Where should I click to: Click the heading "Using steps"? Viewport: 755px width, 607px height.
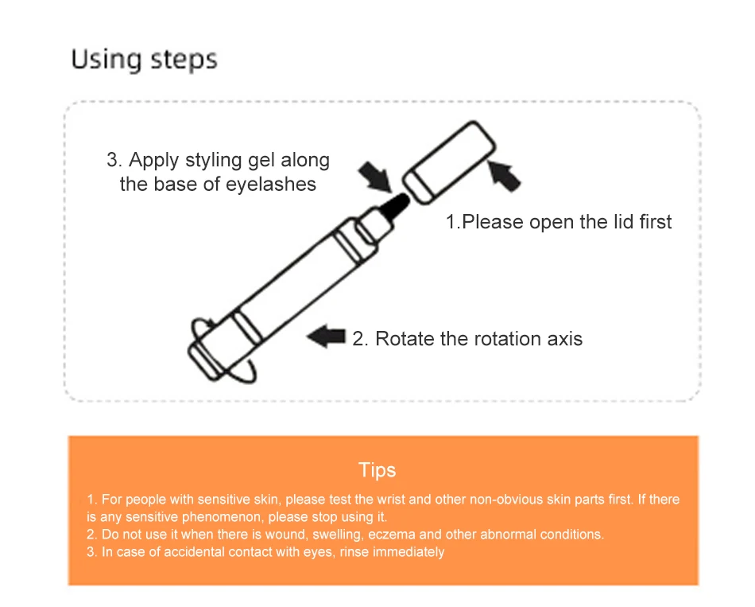144,60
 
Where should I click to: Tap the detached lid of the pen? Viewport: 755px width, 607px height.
449,162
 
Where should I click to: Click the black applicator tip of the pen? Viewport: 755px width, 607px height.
395,206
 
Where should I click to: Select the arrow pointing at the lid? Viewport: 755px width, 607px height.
504,176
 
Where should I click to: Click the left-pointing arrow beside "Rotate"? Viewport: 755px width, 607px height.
326,336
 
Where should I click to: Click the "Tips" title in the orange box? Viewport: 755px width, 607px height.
377,469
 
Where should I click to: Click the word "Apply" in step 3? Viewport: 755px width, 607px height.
154,161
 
